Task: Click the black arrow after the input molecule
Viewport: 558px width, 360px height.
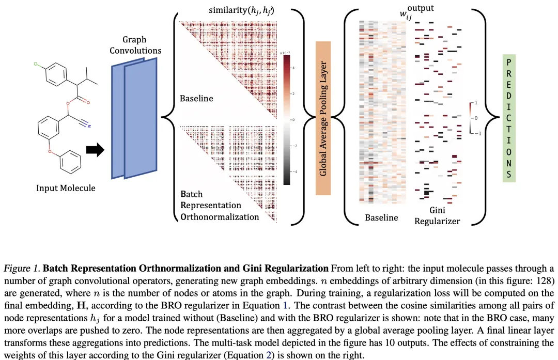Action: point(95,149)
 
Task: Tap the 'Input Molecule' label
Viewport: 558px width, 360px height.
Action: point(66,188)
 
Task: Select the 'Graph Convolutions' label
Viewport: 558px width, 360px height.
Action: point(135,45)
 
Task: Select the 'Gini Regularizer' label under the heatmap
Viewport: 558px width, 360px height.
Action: point(444,216)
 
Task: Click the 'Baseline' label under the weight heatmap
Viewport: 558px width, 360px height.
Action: point(381,217)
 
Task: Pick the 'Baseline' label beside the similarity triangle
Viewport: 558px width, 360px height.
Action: point(196,98)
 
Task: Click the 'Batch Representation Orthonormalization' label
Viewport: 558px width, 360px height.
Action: point(219,205)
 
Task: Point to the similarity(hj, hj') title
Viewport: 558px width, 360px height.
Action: point(241,10)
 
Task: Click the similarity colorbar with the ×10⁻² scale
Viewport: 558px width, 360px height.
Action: point(287,119)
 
